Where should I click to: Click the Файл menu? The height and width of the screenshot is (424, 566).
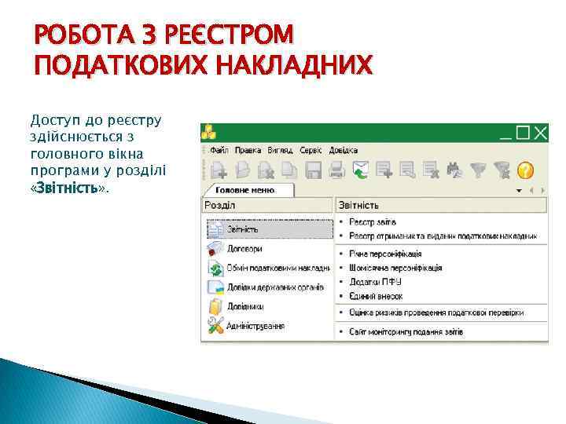coord(219,150)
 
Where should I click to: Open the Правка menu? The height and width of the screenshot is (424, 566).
coord(248,150)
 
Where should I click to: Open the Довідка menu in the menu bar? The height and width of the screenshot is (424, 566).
coord(344,150)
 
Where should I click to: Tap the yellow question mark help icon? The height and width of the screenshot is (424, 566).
coord(525,169)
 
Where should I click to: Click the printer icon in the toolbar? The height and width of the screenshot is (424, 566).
coord(336,169)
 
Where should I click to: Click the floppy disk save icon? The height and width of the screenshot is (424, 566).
coord(313,169)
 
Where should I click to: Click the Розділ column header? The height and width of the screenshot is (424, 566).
coord(221,205)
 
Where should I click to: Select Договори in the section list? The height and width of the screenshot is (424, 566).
coord(244,248)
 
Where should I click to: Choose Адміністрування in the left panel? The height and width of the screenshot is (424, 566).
coord(255,325)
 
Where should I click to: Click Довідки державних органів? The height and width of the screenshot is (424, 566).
coord(275,287)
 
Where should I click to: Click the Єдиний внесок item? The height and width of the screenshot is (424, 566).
coord(377,296)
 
